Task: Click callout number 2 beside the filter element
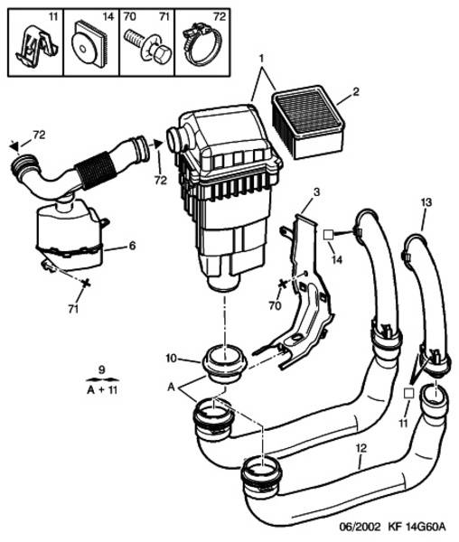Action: [355, 92]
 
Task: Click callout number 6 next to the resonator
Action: [131, 245]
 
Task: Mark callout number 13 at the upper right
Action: [423, 205]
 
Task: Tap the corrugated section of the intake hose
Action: [98, 167]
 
